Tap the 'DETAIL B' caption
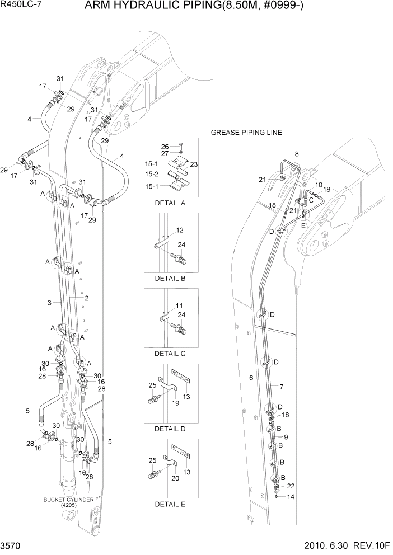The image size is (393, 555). click(170, 278)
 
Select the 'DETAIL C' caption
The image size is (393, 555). click(170, 354)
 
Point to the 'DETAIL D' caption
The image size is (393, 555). click(170, 429)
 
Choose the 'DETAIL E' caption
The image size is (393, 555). click(170, 504)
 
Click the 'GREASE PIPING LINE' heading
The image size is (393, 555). click(246, 133)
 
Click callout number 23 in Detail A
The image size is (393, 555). click(194, 164)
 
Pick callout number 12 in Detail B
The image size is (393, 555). click(180, 230)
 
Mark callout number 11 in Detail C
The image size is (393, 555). click(179, 305)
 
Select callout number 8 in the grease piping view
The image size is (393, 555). click(297, 154)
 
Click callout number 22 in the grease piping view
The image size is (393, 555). click(291, 486)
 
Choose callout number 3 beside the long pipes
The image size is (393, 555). click(50, 303)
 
